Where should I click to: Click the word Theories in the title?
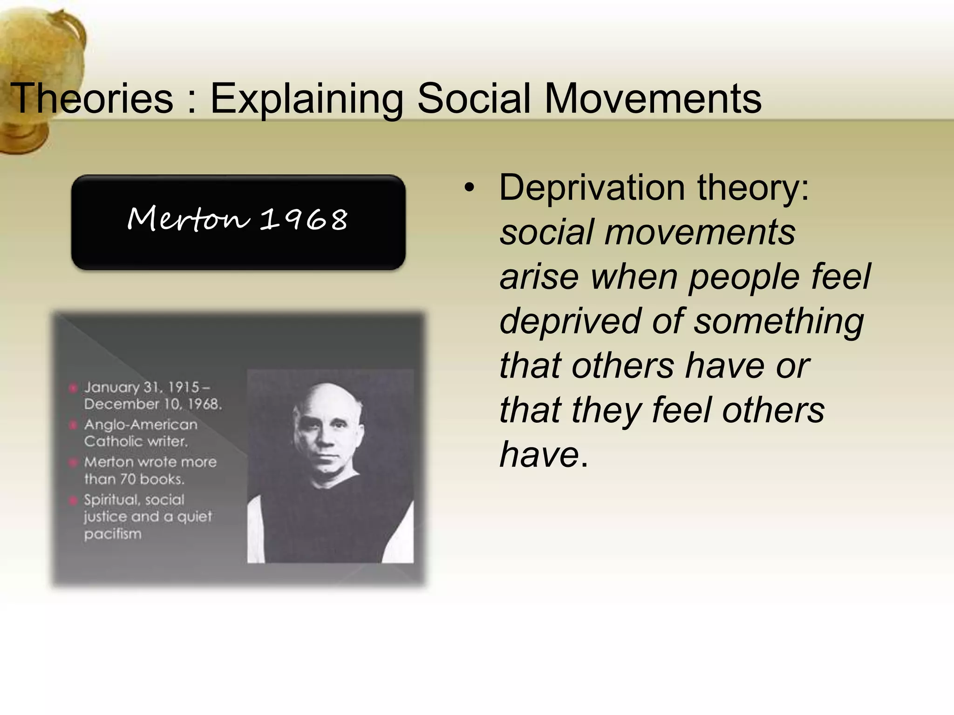click(92, 99)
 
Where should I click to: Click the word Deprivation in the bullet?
click(592, 188)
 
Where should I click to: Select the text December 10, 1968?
click(153, 404)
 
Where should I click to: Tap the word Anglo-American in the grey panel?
click(141, 425)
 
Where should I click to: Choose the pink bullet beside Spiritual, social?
click(73, 500)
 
